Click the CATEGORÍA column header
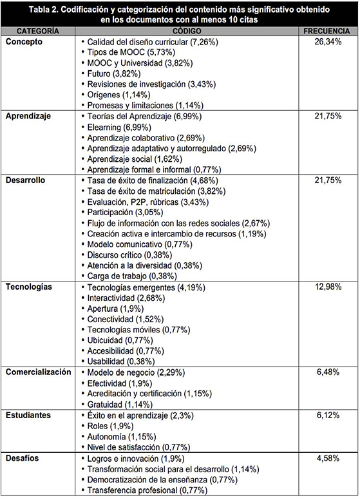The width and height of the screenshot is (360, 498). (x=38, y=31)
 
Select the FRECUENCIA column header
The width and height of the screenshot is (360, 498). (x=327, y=31)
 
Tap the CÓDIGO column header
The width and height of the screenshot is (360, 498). (x=187, y=31)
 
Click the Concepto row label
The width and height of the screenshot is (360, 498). (x=24, y=42)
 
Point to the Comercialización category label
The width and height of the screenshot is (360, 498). (x=39, y=372)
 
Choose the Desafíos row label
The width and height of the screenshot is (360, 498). (x=23, y=458)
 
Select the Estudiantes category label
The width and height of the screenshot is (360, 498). (x=28, y=415)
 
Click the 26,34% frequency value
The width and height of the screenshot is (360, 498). (x=328, y=42)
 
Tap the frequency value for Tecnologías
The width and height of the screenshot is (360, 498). (x=328, y=287)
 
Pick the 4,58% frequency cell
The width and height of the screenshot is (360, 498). (x=328, y=458)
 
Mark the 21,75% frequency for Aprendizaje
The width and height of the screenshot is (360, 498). (x=328, y=116)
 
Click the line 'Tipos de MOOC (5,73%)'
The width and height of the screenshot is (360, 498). (x=131, y=52)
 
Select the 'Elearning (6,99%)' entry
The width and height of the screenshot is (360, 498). (x=119, y=128)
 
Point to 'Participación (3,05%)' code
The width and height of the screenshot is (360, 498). (x=125, y=212)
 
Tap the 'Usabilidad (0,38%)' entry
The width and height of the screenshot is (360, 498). (x=121, y=361)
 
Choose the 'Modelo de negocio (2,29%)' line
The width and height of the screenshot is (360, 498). (x=136, y=372)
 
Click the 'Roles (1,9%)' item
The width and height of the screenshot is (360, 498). (x=110, y=426)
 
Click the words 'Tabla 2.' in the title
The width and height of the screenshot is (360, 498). (x=43, y=10)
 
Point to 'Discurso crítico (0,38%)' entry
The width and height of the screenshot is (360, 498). (x=129, y=255)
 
